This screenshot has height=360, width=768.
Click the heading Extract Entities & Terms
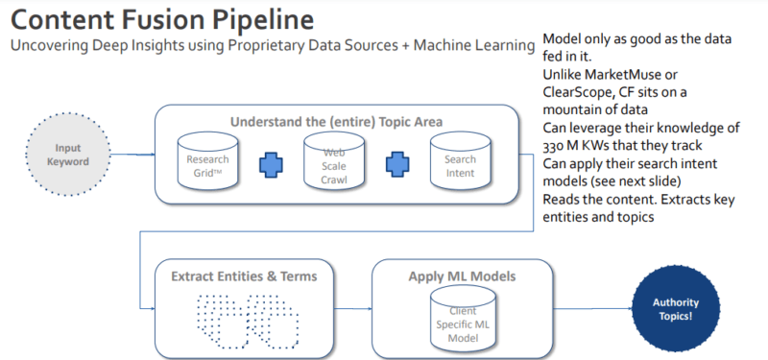pos(245,276)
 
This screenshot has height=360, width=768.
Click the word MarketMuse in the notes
pos(618,74)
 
